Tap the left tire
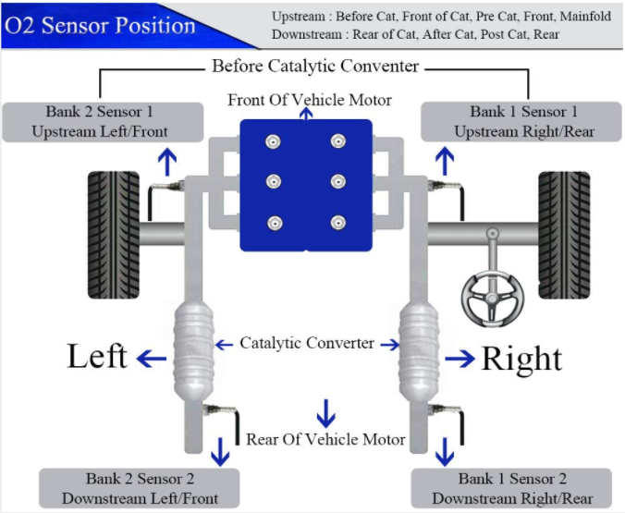point(114,235)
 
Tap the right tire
point(564,235)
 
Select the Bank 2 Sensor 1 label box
point(103,122)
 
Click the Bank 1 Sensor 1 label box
point(521,122)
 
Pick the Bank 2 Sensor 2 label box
point(139,488)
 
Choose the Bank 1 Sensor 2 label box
point(511,488)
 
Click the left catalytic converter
point(194,351)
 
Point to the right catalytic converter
point(420,351)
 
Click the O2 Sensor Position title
point(100,26)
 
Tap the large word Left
point(97,356)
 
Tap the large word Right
point(521,359)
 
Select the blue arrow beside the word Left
point(152,359)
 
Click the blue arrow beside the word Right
point(460,359)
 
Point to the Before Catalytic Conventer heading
point(315,67)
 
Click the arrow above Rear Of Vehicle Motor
point(326,414)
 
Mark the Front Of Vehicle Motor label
point(310,100)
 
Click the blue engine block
point(306,186)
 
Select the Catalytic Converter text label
point(307,343)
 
